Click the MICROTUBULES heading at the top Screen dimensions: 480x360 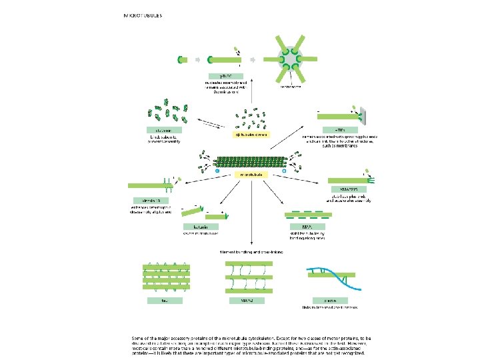143,15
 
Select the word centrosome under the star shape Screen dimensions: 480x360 291,87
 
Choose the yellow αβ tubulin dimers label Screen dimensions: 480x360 251,135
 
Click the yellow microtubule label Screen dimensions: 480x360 252,175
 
